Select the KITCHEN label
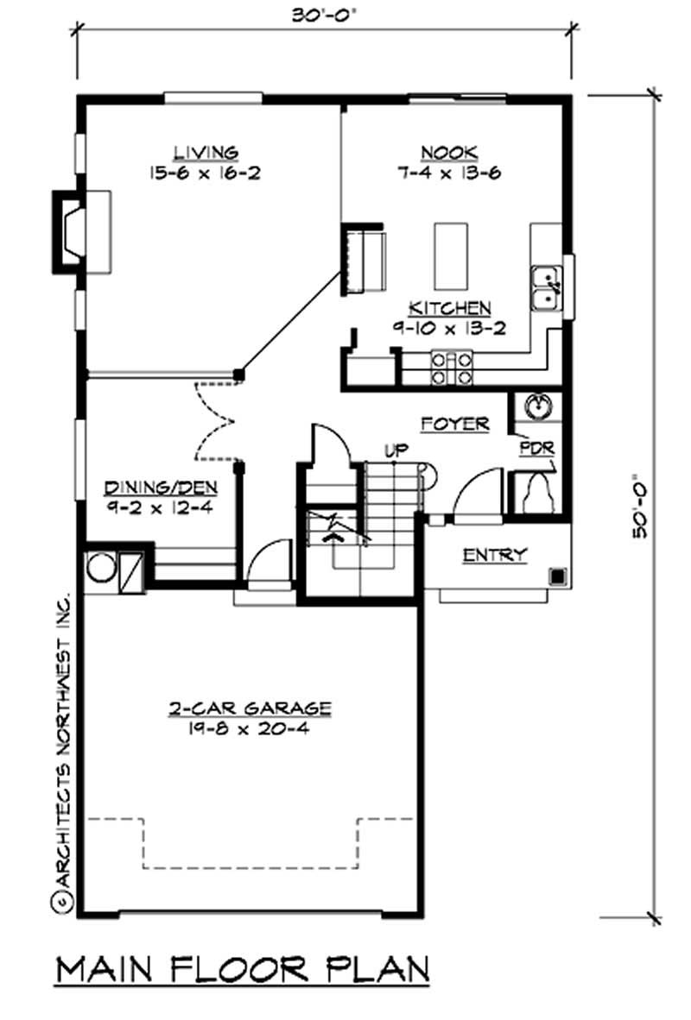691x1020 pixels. (x=450, y=308)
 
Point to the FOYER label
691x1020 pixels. (x=455, y=424)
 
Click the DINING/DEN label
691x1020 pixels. (x=162, y=488)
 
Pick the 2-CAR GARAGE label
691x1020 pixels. (x=250, y=708)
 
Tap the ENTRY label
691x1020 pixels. (x=494, y=555)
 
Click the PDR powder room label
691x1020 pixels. (x=536, y=449)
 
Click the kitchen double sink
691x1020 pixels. (x=545, y=287)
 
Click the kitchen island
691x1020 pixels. (x=450, y=256)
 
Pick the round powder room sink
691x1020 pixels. (x=536, y=407)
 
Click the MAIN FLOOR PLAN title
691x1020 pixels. (x=243, y=970)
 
